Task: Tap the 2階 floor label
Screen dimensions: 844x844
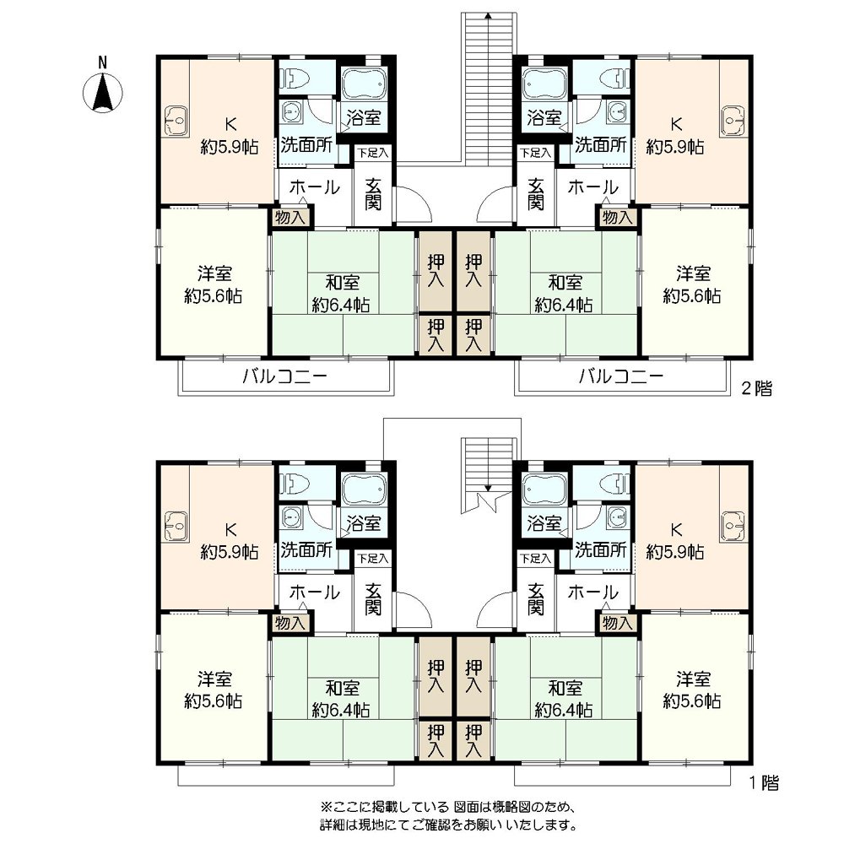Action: pyautogui.click(x=756, y=388)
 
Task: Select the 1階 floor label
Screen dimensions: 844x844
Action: pyautogui.click(x=765, y=783)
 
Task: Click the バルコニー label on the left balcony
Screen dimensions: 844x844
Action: pyautogui.click(x=284, y=376)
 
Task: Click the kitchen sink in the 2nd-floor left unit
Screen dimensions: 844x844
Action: pyautogui.click(x=176, y=121)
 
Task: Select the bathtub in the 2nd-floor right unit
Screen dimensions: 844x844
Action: pyautogui.click(x=544, y=84)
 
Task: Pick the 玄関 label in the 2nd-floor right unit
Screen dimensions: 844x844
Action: pyautogui.click(x=535, y=194)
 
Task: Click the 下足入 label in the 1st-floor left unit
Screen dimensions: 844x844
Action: pyautogui.click(x=373, y=559)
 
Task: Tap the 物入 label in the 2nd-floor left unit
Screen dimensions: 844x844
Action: pyautogui.click(x=289, y=218)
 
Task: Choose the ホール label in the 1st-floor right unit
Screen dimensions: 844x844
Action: pyautogui.click(x=592, y=592)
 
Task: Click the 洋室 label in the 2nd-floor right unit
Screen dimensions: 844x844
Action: pyautogui.click(x=693, y=273)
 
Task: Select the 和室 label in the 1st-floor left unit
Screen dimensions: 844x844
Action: pyautogui.click(x=342, y=688)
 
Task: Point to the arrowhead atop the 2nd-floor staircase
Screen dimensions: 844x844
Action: pyautogui.click(x=488, y=15)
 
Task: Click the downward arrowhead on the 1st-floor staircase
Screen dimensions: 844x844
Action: pyautogui.click(x=488, y=488)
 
